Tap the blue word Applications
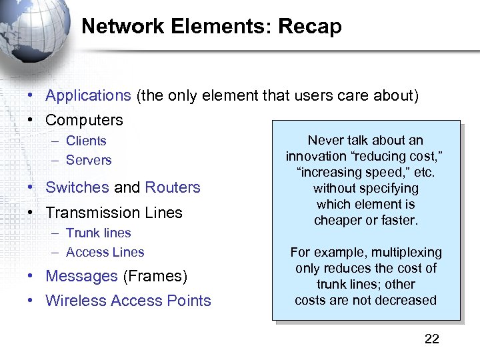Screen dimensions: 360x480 88,95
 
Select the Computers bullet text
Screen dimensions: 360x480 84,120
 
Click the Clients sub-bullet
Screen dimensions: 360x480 86,141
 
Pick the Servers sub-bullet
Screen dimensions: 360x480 89,160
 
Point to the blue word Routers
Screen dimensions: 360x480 173,187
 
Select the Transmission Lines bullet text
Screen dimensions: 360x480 113,213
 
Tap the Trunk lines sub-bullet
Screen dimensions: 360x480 98,233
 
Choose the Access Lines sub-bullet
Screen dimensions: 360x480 105,252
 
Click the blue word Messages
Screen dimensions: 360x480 81,276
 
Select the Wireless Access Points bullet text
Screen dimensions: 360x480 128,301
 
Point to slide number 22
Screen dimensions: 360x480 432,339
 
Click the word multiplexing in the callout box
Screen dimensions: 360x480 407,252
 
